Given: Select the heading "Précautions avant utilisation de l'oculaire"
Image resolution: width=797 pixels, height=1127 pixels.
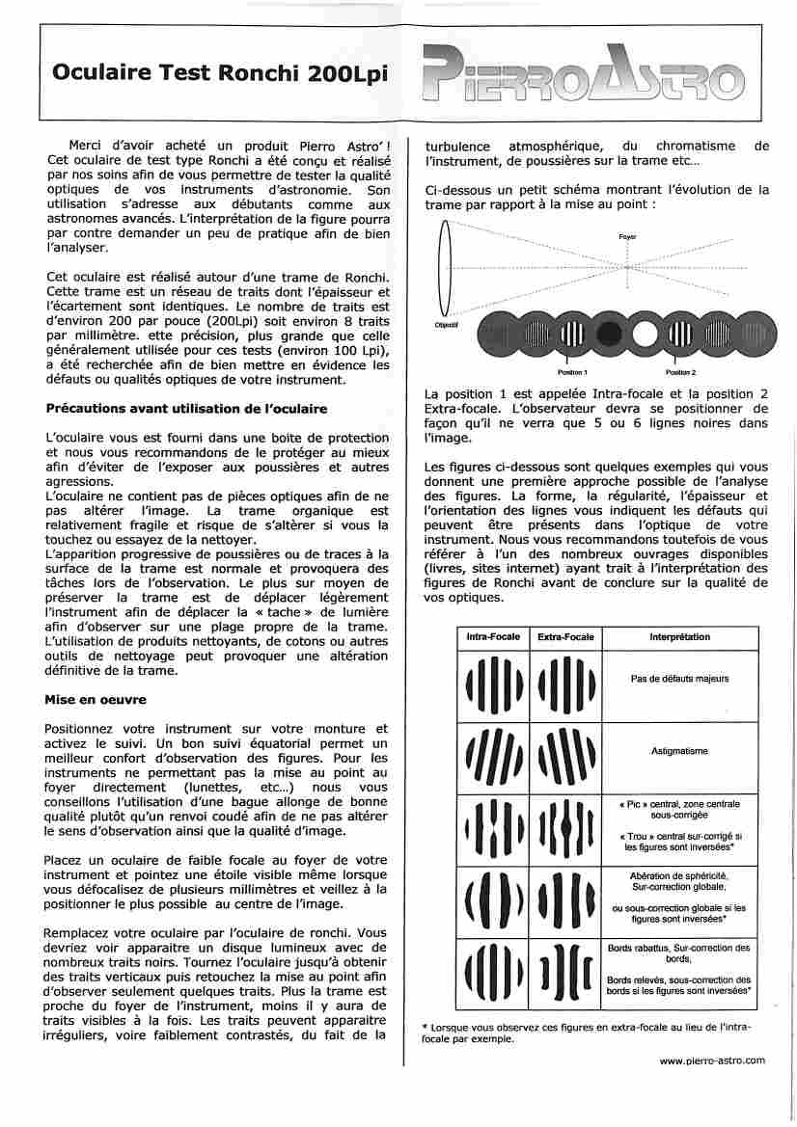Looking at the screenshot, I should pyautogui.click(x=187, y=409).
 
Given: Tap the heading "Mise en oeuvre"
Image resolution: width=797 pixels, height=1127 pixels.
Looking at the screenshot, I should pyautogui.click(x=96, y=700).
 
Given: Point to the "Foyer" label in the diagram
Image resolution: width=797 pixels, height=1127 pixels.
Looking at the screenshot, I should pyautogui.click(x=627, y=236).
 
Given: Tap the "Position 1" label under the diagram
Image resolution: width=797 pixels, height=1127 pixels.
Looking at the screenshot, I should pyautogui.click(x=573, y=372).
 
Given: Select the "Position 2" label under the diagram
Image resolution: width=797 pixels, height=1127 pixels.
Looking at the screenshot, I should pyautogui.click(x=680, y=372).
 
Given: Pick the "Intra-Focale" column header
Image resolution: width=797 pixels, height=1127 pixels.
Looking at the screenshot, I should pyautogui.click(x=493, y=638).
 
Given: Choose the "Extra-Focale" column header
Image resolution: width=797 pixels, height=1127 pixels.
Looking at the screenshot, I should pyautogui.click(x=565, y=638).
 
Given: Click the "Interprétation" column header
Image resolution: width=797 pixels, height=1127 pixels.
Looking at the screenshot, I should pyautogui.click(x=680, y=638).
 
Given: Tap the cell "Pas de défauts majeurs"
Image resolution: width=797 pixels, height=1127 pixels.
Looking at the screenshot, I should pyautogui.click(x=680, y=679).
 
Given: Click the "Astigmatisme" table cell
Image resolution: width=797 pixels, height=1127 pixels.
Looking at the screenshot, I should pyautogui.click(x=680, y=751).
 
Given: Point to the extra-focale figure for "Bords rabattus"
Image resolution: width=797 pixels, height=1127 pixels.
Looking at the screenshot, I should pyautogui.click(x=565, y=971).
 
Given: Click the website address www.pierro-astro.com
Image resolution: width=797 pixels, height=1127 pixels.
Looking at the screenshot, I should pyautogui.click(x=712, y=1060).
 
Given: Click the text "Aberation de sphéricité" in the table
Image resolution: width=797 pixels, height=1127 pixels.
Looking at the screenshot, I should pyautogui.click(x=680, y=874).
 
